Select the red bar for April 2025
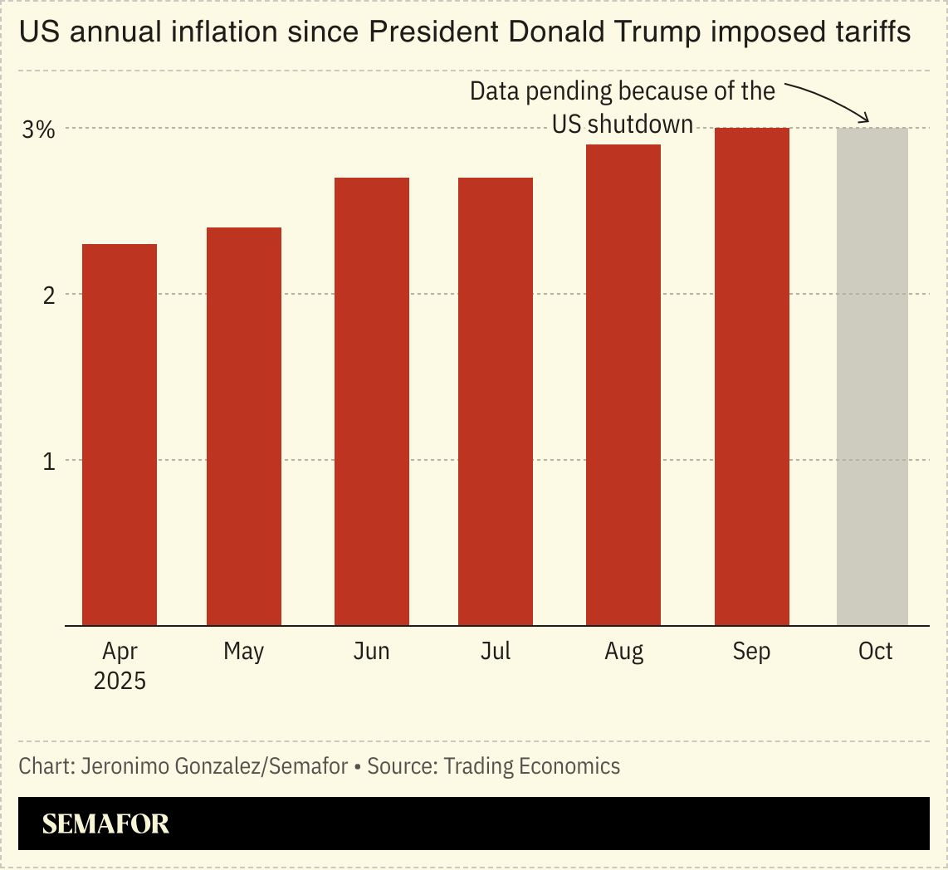[120, 435]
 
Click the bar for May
[244, 427]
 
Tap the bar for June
[371, 402]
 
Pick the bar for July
[496, 402]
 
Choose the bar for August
[623, 385]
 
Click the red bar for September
[751, 377]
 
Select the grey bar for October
[872, 377]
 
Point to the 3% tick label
[38, 130]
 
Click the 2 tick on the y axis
[48, 295]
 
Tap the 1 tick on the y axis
[48, 461]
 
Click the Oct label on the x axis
[875, 652]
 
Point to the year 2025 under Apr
[120, 682]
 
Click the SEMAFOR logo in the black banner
[105, 824]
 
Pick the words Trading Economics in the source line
[531, 765]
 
